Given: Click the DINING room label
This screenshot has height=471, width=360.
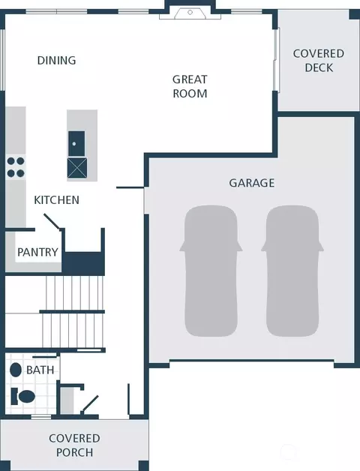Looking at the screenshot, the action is click(x=56, y=61).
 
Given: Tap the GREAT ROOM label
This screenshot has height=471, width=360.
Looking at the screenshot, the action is click(x=190, y=86).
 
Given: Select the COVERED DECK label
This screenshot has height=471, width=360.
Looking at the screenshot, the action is click(x=319, y=61).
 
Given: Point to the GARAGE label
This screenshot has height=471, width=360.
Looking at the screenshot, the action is click(x=252, y=183).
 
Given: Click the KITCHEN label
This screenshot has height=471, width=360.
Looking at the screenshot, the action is click(x=56, y=200).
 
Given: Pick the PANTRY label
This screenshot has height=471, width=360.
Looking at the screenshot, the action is click(x=37, y=252).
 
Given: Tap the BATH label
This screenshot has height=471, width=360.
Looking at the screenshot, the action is click(x=40, y=370).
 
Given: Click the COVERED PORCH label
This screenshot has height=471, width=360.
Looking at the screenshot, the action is click(x=74, y=445).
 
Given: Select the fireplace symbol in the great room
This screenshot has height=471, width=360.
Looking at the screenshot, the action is click(x=190, y=13).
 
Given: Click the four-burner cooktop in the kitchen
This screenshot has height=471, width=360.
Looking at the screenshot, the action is click(x=16, y=167).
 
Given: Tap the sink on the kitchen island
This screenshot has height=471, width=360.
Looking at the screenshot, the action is click(x=76, y=143).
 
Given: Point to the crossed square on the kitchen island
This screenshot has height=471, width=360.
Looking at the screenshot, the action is click(x=77, y=167).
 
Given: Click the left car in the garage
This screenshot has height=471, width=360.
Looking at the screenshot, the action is click(x=211, y=271).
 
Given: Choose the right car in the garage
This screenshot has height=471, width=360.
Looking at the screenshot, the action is click(x=292, y=271).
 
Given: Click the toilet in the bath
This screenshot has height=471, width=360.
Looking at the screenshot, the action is click(x=23, y=397).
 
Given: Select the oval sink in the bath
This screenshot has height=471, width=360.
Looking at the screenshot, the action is click(x=16, y=370).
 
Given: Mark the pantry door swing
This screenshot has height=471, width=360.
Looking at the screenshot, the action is click(x=52, y=222).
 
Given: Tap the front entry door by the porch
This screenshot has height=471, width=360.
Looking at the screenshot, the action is click(x=89, y=404).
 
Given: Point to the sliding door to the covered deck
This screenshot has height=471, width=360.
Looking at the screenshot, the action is click(x=277, y=59).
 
